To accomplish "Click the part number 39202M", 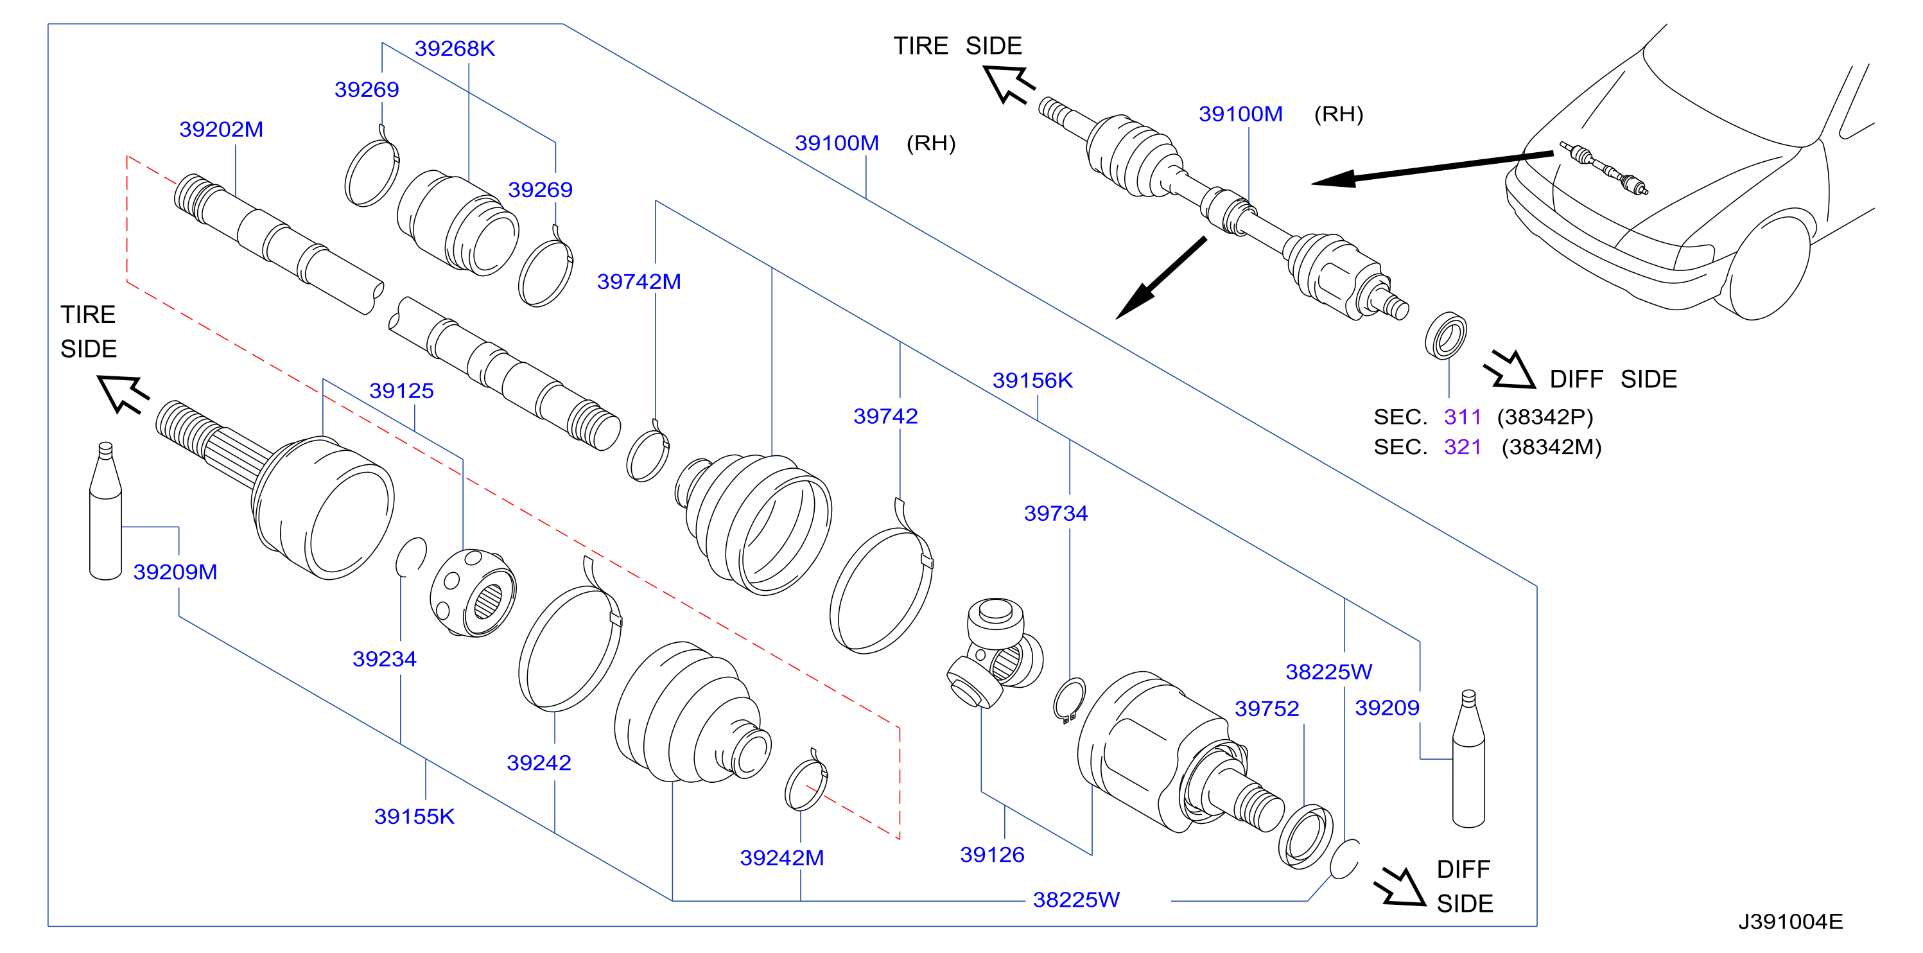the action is click(x=221, y=129).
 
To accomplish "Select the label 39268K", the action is click(x=455, y=49).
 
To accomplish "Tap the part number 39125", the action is click(x=402, y=390).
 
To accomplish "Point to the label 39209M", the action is click(x=175, y=572).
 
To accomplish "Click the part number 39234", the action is click(x=385, y=659).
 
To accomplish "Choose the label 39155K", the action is click(x=414, y=816).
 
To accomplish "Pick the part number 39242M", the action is click(x=781, y=857).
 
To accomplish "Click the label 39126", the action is click(x=992, y=854).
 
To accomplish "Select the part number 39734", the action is click(x=1056, y=513).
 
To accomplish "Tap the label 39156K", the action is click(x=1032, y=380).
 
